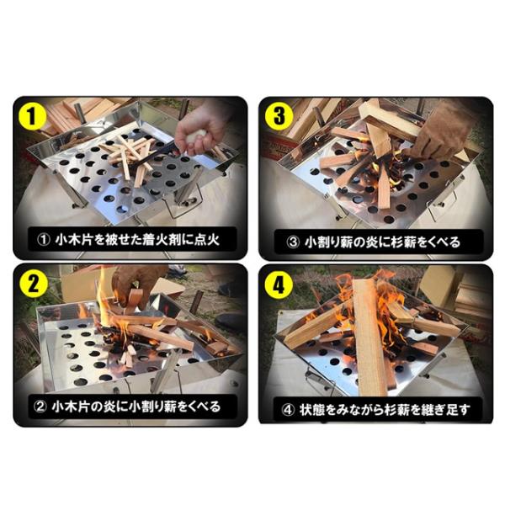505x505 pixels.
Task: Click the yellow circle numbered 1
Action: (x=33, y=117)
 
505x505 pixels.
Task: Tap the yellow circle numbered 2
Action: (x=33, y=283)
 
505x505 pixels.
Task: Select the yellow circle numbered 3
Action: (x=279, y=116)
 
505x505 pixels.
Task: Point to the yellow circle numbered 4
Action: (x=279, y=284)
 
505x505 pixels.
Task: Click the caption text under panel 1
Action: (x=128, y=240)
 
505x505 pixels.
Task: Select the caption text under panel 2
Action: (x=128, y=407)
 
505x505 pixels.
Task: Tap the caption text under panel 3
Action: (x=374, y=242)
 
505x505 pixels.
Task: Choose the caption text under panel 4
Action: (x=375, y=409)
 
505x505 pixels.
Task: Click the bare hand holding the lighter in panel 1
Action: (x=199, y=129)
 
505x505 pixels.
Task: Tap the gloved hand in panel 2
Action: (x=137, y=285)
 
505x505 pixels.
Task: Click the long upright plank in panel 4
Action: (x=370, y=337)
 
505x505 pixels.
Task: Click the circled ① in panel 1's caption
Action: (x=44, y=240)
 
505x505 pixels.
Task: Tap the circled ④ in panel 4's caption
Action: (x=288, y=410)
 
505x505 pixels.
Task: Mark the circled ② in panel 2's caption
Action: (x=41, y=407)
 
